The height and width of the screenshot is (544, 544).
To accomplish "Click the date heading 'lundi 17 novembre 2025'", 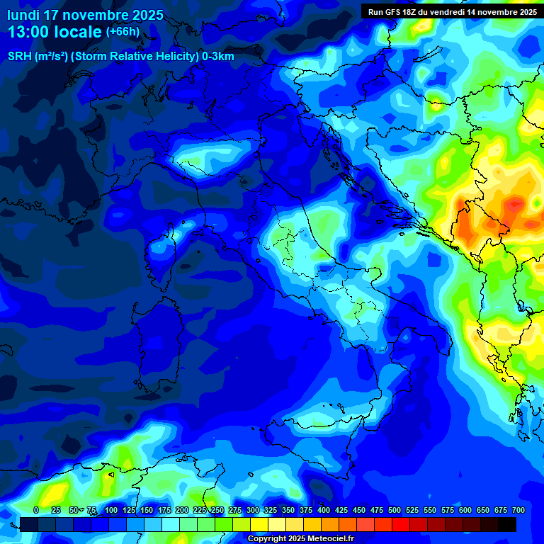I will tap(85, 15).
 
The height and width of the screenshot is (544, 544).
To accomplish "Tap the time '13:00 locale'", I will tap(55, 32).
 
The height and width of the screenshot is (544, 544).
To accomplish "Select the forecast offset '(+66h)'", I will tap(123, 32).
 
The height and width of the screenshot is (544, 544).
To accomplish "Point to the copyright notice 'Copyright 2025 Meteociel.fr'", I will tap(300, 538).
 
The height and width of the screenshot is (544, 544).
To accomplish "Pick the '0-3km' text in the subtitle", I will tap(218, 57).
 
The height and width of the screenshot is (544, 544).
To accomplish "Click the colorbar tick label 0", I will tap(36, 510).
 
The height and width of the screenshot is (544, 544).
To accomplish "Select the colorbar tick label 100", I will tap(111, 510).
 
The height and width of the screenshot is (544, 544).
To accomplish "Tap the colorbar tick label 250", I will tap(217, 510).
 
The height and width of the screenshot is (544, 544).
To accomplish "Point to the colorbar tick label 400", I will tap(324, 510).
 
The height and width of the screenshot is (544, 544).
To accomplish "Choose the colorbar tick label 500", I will tap(395, 510).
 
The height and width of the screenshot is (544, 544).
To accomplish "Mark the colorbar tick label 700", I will tap(518, 510).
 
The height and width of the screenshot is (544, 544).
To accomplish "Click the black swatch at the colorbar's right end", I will tap(507, 524).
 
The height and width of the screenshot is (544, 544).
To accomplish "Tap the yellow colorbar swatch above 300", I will tap(259, 524).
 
